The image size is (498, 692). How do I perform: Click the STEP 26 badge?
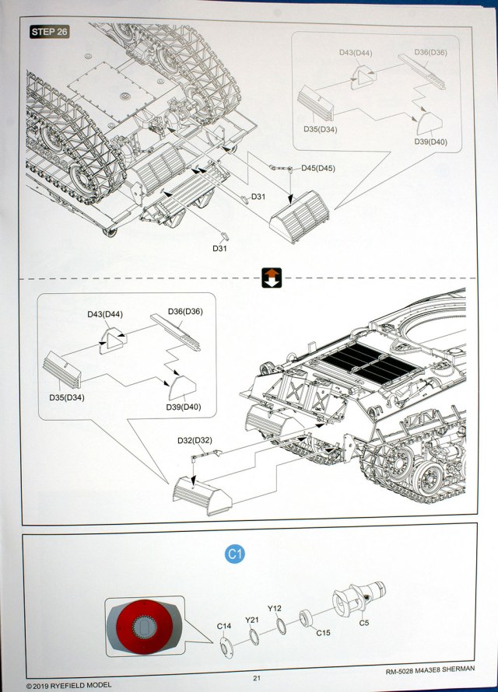pos(49,32)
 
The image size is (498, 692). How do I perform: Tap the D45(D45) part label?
pos(317,169)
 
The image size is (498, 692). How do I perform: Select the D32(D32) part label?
pos(195,441)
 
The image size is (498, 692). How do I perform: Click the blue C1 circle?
pos(235,554)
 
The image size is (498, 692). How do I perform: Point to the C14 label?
pos(224,626)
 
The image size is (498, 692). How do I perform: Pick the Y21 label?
pos(251,620)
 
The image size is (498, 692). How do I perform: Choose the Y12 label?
pos(275,609)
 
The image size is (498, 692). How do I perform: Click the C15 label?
pos(323,633)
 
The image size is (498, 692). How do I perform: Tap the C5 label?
pos(364,622)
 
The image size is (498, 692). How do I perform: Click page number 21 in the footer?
pos(256,677)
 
